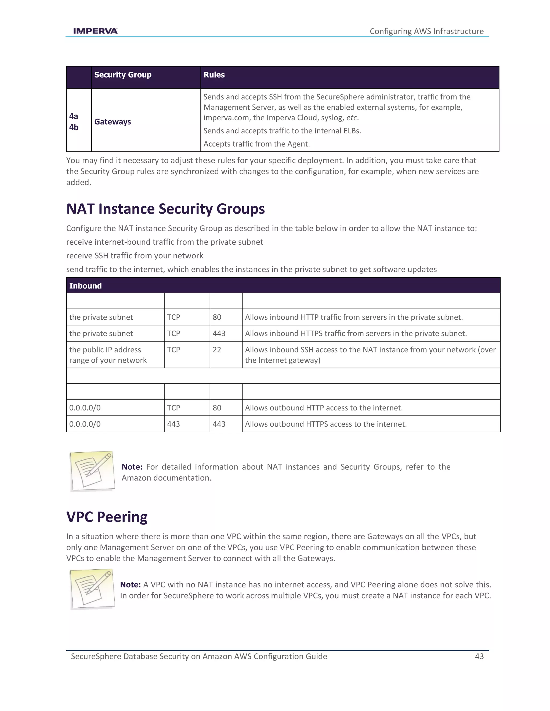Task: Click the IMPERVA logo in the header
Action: [95, 31]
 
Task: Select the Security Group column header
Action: [122, 75]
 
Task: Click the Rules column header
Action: [214, 75]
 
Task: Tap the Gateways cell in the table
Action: [113, 122]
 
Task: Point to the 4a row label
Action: [74, 116]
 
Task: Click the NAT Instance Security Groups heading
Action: [165, 209]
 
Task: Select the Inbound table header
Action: [85, 286]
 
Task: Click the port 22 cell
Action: [217, 350]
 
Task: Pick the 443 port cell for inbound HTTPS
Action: [219, 333]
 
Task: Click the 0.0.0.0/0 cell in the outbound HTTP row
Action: [85, 408]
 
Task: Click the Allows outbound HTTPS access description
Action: [326, 424]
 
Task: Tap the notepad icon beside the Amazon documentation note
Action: [92, 471]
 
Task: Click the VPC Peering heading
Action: [107, 517]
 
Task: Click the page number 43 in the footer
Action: [479, 656]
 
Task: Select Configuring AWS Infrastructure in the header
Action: [426, 31]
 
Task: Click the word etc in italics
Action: [352, 118]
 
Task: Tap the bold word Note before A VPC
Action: [130, 585]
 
